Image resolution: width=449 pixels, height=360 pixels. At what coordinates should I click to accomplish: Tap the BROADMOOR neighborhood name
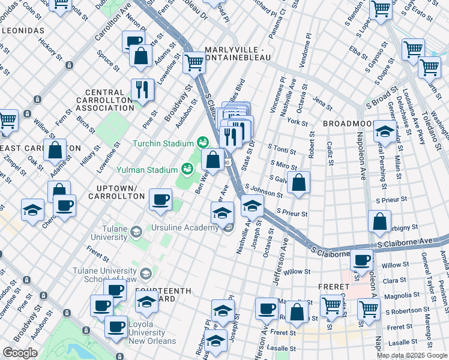pos(349,123)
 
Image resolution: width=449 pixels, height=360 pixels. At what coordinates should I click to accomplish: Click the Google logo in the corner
pos(20,352)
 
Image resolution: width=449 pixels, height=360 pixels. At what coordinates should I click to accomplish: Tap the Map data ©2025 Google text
pos(411,355)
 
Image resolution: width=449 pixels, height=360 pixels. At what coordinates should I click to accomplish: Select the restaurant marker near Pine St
pos(142,90)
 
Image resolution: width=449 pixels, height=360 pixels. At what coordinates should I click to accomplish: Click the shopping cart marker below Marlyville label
pos(194,62)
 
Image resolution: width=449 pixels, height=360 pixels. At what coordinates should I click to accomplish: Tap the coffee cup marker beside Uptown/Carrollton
pos(160,200)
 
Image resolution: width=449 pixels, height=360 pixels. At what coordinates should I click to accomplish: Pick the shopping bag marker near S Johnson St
pos(298,182)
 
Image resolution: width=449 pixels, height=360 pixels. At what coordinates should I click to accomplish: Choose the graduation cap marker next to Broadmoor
pos(384,131)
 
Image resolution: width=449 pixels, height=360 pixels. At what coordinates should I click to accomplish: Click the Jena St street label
pos(322,104)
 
